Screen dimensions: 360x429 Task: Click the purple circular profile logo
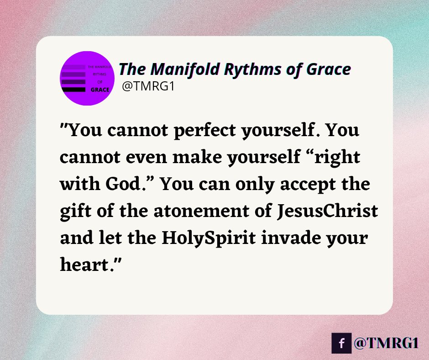(87, 78)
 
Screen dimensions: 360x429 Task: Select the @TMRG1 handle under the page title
(142, 87)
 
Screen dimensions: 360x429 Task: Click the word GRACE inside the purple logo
(100, 90)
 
